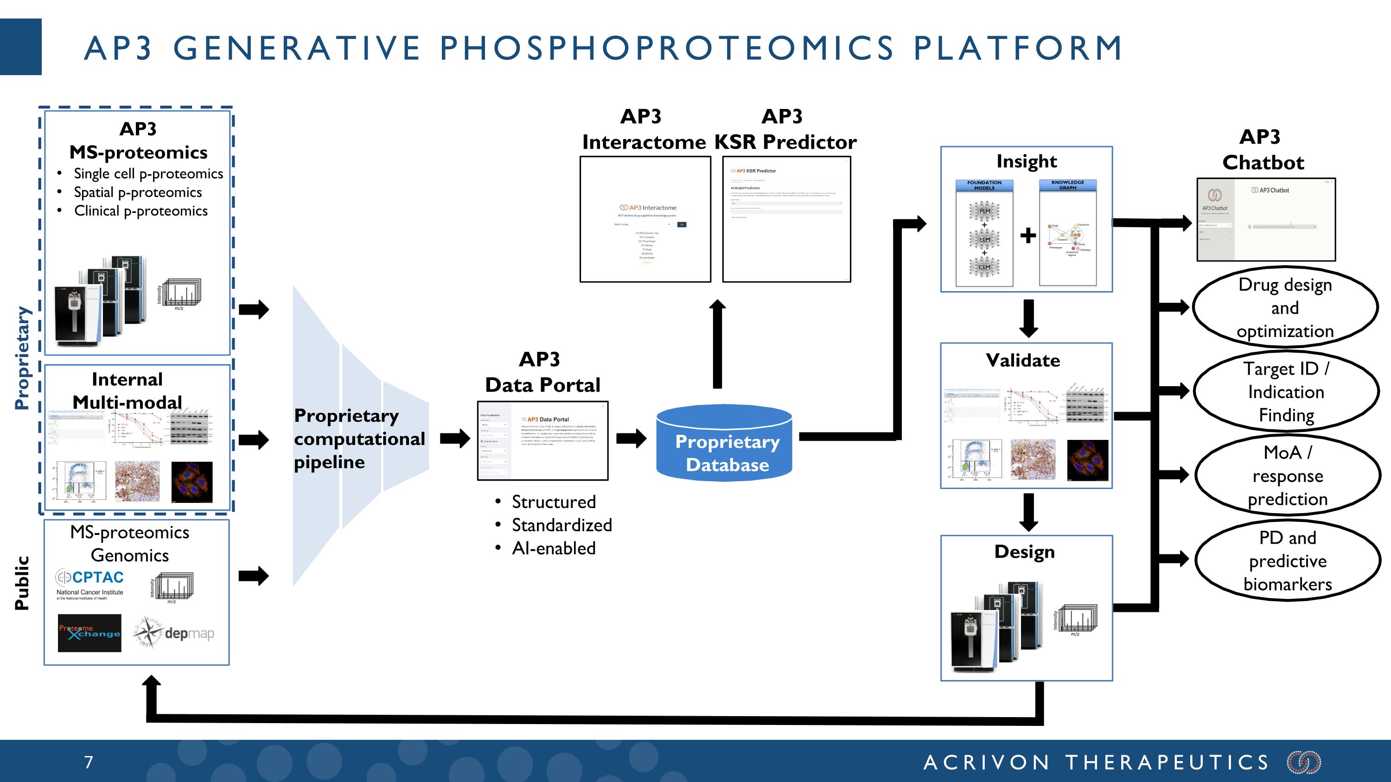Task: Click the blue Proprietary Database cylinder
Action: point(724,444)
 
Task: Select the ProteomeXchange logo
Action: point(89,633)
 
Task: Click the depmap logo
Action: point(174,632)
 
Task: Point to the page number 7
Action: point(89,762)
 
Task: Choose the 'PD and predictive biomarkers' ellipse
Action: point(1287,561)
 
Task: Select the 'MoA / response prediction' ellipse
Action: point(1287,476)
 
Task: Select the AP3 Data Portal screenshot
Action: point(542,441)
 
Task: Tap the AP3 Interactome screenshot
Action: point(645,219)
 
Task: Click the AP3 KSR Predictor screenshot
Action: point(786,219)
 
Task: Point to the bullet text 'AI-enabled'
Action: point(554,548)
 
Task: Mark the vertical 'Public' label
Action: point(22,583)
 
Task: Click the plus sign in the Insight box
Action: point(1028,235)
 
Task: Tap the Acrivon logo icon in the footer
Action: point(1303,762)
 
